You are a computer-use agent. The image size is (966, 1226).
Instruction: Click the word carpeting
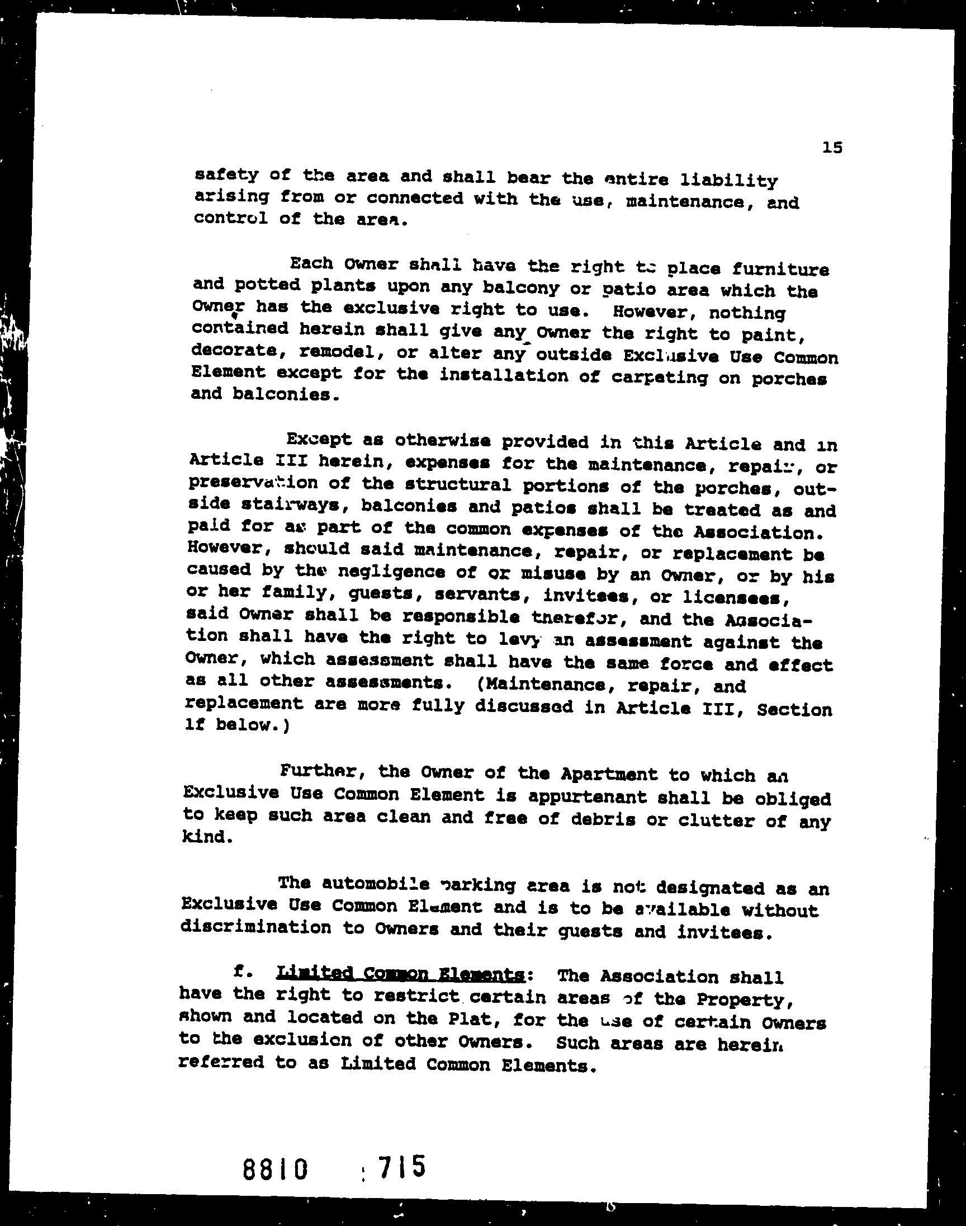[x=660, y=378]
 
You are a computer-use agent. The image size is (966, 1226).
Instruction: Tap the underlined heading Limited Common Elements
[x=400, y=974]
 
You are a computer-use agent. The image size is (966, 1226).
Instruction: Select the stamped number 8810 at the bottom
[x=276, y=1168]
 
